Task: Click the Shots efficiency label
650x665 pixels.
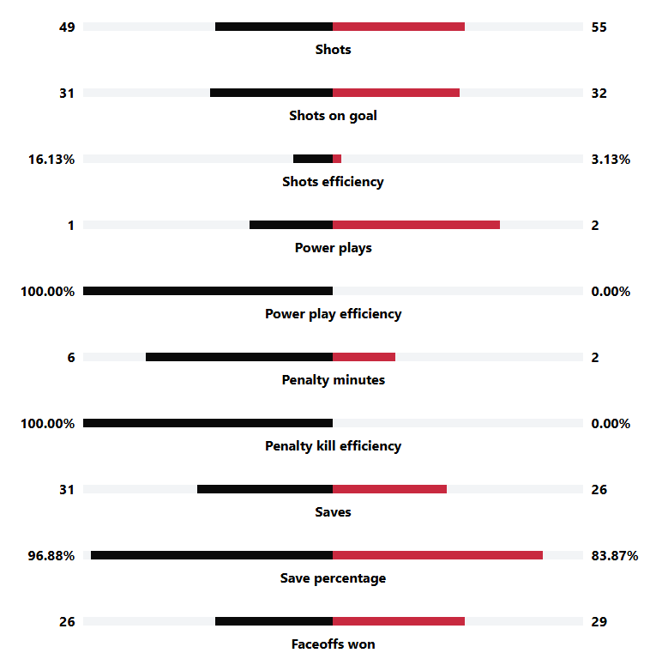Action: tap(333, 182)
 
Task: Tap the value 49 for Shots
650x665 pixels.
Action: tap(67, 27)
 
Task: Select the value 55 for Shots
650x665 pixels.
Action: tap(599, 27)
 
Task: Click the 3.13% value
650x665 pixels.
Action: tap(611, 159)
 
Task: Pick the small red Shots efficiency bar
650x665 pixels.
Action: tap(337, 159)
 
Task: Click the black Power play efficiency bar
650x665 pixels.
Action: tap(208, 291)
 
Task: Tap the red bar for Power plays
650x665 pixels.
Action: tap(416, 225)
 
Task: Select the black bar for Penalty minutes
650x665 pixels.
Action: tap(239, 357)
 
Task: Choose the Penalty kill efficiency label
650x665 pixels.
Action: tap(333, 446)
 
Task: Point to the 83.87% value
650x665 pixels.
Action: tap(614, 555)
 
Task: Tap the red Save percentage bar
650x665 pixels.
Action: tap(437, 555)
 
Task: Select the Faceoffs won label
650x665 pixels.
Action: tap(333, 644)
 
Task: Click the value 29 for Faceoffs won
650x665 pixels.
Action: tap(599, 621)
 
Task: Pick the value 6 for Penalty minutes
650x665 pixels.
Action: tap(71, 357)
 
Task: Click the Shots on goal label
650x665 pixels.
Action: tap(333, 116)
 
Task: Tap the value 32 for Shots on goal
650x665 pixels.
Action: tap(599, 93)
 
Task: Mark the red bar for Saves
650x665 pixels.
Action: tap(389, 489)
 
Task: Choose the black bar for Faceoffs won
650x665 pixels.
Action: tap(274, 621)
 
